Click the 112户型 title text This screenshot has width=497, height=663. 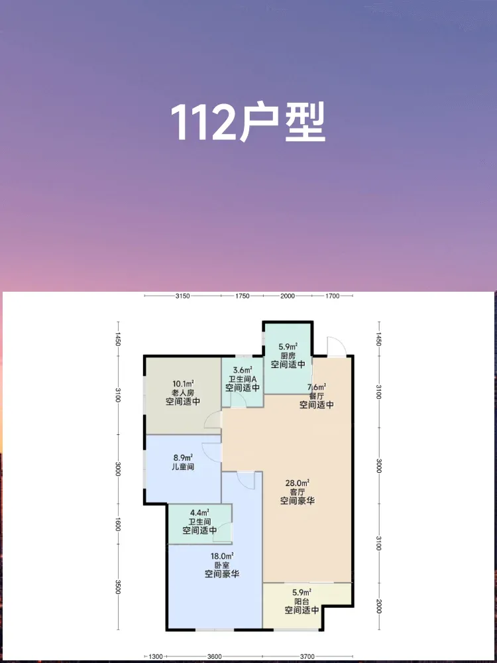coord(248,123)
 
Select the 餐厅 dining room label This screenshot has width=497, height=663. coord(317,396)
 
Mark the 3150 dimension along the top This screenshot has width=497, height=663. coord(183,296)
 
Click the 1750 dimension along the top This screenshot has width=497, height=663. coord(243,296)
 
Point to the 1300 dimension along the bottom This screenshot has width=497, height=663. coord(156,656)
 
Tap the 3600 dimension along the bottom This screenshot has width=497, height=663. coord(214,656)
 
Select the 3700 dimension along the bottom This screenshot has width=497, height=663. coord(307,656)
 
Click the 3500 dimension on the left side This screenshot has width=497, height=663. coord(118,587)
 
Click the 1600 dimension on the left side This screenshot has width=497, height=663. coord(118,526)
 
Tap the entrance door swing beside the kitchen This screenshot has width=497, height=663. coord(337,346)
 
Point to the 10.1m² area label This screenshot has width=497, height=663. coord(183,383)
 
